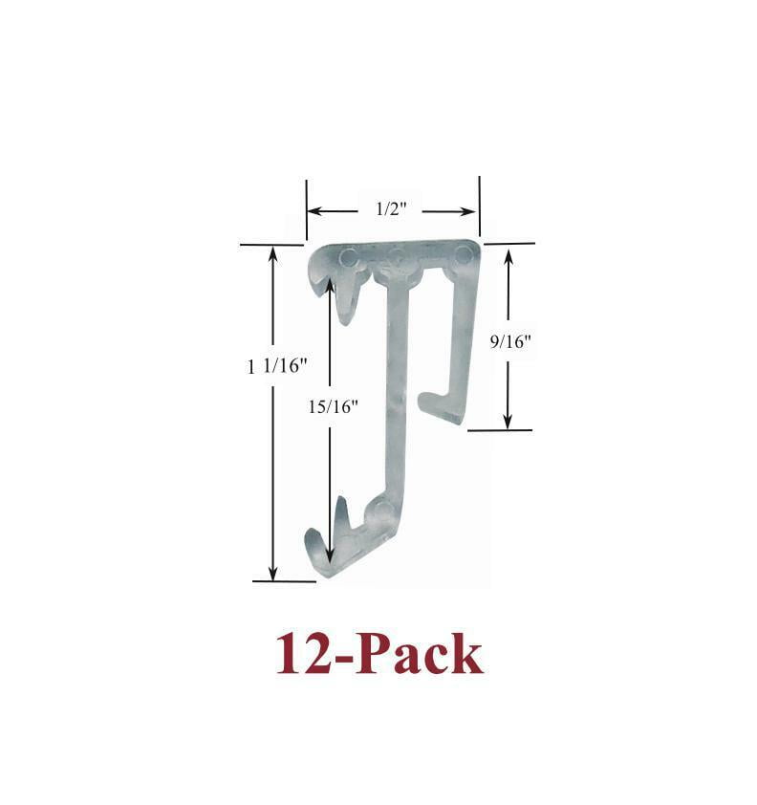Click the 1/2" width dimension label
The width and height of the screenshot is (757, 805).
point(391,209)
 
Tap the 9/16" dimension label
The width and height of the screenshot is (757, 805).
point(510,341)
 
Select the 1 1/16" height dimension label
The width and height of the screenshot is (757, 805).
point(276,366)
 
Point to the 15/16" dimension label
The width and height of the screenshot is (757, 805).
point(333,406)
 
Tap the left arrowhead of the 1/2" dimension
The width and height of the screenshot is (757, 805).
point(314,211)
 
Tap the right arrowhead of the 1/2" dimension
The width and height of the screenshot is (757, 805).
point(468,211)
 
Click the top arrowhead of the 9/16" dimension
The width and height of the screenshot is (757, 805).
point(508,256)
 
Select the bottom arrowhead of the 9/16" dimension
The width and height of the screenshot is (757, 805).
point(508,421)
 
